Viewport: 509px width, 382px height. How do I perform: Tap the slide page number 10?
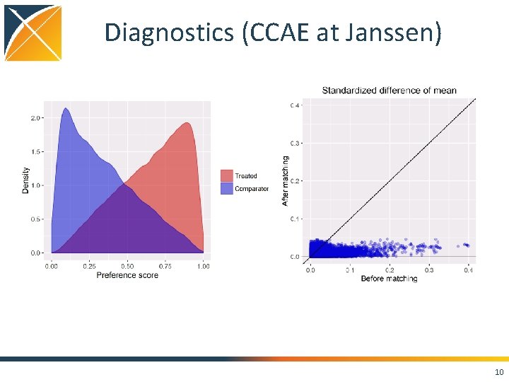tap(499, 372)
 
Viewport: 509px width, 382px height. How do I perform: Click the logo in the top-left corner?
tap(33, 33)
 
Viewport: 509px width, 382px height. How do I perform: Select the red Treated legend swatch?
tap(226, 175)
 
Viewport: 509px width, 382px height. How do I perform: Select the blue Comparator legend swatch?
tap(226, 189)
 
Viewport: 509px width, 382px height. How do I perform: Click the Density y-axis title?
tap(26, 180)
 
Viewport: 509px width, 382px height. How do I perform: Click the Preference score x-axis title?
tap(127, 274)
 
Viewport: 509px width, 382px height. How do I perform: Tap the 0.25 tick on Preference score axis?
tap(89, 266)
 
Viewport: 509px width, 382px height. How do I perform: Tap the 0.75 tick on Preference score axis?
tap(165, 266)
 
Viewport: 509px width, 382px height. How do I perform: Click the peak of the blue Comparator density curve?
tap(66, 109)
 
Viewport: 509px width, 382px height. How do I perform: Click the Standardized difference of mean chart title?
tap(389, 91)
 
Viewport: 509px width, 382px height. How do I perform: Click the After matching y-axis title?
tap(286, 181)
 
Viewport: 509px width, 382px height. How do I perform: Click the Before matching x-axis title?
tap(389, 279)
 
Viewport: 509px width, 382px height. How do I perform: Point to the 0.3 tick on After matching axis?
tap(294, 143)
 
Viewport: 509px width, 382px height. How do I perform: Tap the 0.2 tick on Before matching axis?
tap(389, 270)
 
